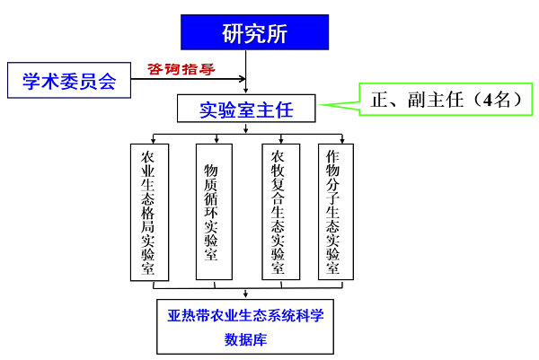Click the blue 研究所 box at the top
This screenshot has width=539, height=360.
click(x=254, y=32)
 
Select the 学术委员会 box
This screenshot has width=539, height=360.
click(x=69, y=82)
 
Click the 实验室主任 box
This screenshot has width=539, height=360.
click(x=245, y=110)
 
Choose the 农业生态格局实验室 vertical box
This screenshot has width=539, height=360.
click(x=149, y=212)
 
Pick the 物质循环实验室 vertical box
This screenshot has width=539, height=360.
click(x=213, y=212)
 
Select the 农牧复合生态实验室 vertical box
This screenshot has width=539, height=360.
click(x=279, y=212)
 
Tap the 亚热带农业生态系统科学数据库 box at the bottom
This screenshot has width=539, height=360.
click(x=245, y=326)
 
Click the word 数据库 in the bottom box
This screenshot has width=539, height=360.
click(x=245, y=340)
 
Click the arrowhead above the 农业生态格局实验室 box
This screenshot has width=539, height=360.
click(x=154, y=140)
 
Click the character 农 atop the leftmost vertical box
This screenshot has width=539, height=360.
click(x=149, y=155)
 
